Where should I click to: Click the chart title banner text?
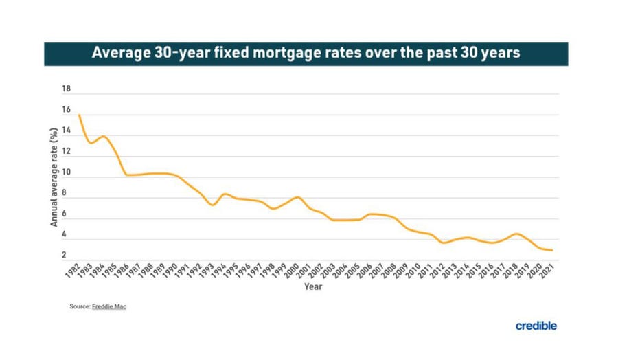pyautogui.click(x=306, y=54)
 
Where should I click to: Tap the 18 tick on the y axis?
pyautogui.click(x=67, y=89)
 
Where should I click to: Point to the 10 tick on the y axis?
pyautogui.click(x=67, y=178)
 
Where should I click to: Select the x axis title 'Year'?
pyautogui.click(x=313, y=287)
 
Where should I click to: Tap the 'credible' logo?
pyautogui.click(x=536, y=326)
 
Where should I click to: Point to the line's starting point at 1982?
pyautogui.click(x=80, y=115)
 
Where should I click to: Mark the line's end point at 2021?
pyautogui.click(x=552, y=250)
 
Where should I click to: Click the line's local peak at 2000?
pyautogui.click(x=297, y=197)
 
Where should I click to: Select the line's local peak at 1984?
pyautogui.click(x=104, y=136)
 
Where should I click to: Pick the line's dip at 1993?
pyautogui.click(x=212, y=205)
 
